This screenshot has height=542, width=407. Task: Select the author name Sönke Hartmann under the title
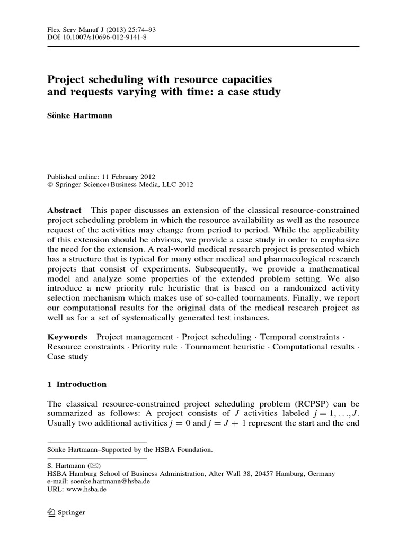pyautogui.click(x=79, y=116)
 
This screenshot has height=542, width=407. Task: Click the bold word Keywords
pyautogui.click(x=67, y=337)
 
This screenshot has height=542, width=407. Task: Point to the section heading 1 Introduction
pyautogui.click(x=77, y=384)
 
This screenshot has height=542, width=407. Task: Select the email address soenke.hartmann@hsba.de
pyautogui.click(x=108, y=482)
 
